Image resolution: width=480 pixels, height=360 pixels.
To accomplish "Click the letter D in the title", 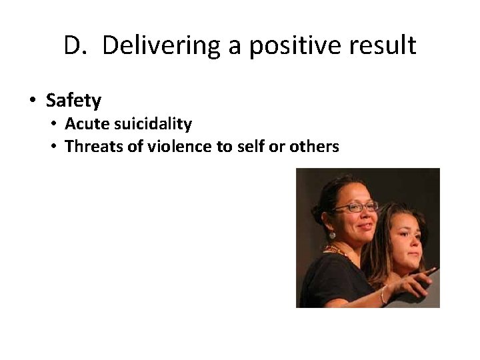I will pos(72,46).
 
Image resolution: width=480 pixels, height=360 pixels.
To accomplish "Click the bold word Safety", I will pos(73,101).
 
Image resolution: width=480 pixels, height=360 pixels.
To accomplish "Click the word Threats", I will pos(93,146).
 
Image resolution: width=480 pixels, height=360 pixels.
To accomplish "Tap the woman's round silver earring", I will pos(331,235).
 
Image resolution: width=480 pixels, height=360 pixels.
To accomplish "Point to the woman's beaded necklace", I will pos(337,252).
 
